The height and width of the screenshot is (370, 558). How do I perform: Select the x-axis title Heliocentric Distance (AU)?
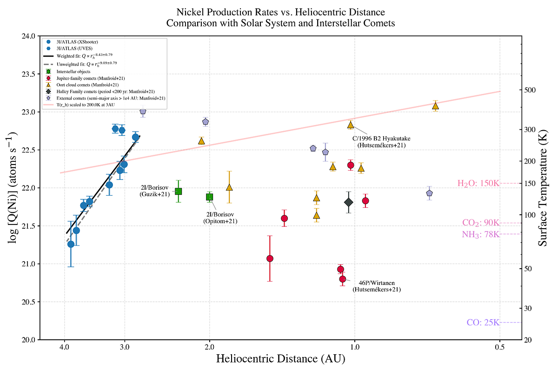click(280, 359)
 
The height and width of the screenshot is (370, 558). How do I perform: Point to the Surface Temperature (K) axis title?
click(543, 187)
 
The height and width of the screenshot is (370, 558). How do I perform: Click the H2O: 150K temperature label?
click(478, 184)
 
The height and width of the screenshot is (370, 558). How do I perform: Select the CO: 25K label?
click(483, 323)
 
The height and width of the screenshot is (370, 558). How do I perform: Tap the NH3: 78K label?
click(480, 234)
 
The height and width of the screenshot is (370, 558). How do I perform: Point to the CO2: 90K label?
click(480, 223)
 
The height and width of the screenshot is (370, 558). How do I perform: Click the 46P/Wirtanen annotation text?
click(376, 286)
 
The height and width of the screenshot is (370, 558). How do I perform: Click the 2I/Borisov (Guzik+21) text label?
click(155, 191)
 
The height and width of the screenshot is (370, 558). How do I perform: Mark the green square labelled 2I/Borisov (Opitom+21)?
click(210, 197)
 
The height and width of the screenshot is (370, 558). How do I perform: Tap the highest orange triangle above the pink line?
click(436, 106)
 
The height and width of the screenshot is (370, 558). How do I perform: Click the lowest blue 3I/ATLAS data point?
click(71, 244)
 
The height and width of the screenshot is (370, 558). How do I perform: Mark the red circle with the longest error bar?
click(270, 258)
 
